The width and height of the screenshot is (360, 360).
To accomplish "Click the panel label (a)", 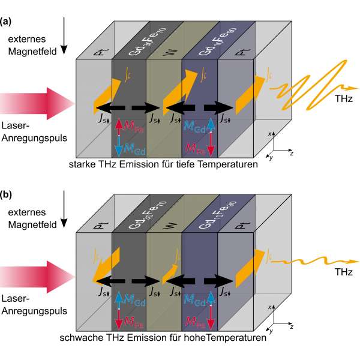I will (x=6, y=23).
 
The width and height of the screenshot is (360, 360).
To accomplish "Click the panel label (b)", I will (x=6, y=196).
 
